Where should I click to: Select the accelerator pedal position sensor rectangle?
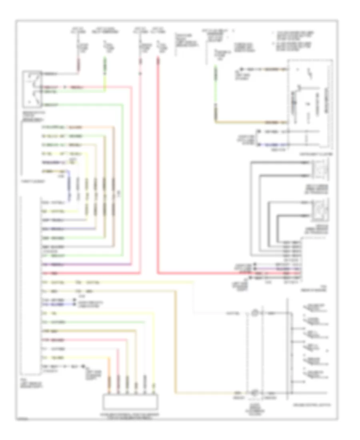[x=131, y=400]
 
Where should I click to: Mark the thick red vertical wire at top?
[x=159, y=160]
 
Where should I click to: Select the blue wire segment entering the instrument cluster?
[x=272, y=144]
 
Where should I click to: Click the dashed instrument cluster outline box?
[x=310, y=104]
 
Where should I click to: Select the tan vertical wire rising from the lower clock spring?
[x=175, y=340]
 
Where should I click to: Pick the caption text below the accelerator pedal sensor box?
[x=131, y=416]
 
